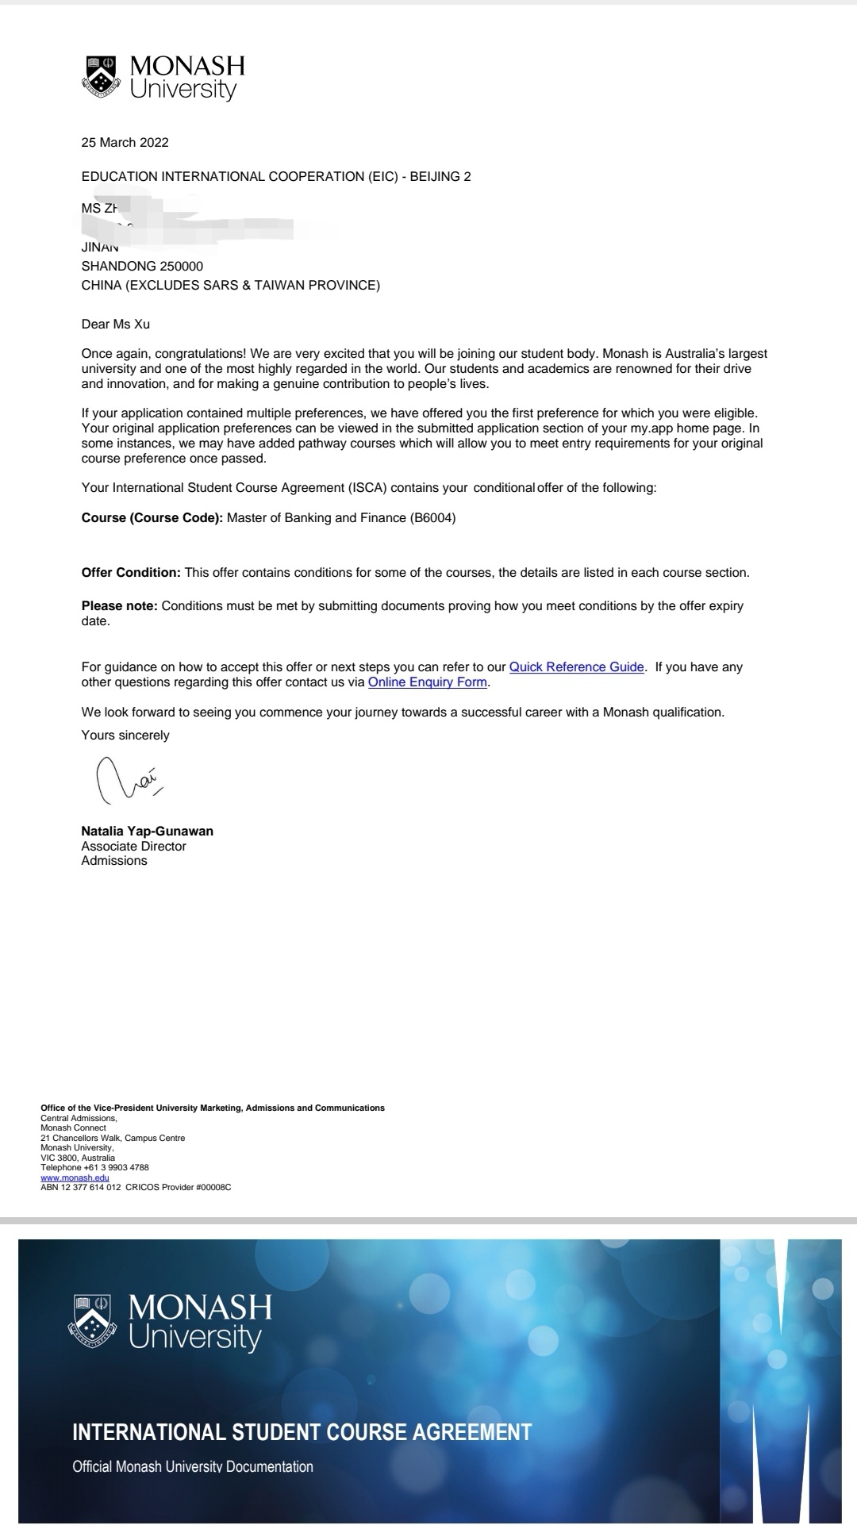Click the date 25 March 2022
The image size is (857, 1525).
point(125,143)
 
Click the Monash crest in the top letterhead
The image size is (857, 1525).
point(99,77)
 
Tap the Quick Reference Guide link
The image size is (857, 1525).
point(576,667)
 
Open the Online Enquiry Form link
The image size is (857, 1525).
point(427,682)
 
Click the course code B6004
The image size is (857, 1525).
point(432,518)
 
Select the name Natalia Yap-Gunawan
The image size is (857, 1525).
point(147,832)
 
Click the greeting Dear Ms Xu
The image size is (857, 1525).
point(115,325)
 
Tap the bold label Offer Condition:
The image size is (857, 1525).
point(131,573)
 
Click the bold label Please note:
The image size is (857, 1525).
point(119,606)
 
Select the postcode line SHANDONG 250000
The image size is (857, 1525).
point(142,267)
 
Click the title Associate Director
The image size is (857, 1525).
point(133,847)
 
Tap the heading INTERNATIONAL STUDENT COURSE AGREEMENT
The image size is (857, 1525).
point(302,1432)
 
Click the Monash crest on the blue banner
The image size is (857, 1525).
point(94,1323)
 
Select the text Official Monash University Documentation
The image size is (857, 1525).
point(193,1467)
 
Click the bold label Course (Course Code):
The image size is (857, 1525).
point(152,518)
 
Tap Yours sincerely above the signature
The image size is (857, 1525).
point(125,736)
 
